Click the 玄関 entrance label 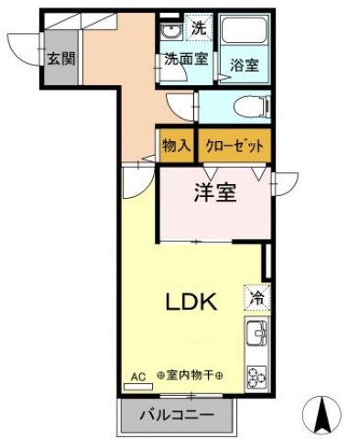(x=61, y=60)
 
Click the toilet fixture (x=247, y=105)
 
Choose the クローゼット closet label (x=235, y=146)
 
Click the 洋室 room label (x=215, y=193)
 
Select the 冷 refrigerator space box (x=256, y=297)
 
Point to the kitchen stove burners (x=255, y=376)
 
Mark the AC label (x=138, y=376)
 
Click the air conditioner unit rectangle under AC (x=138, y=387)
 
